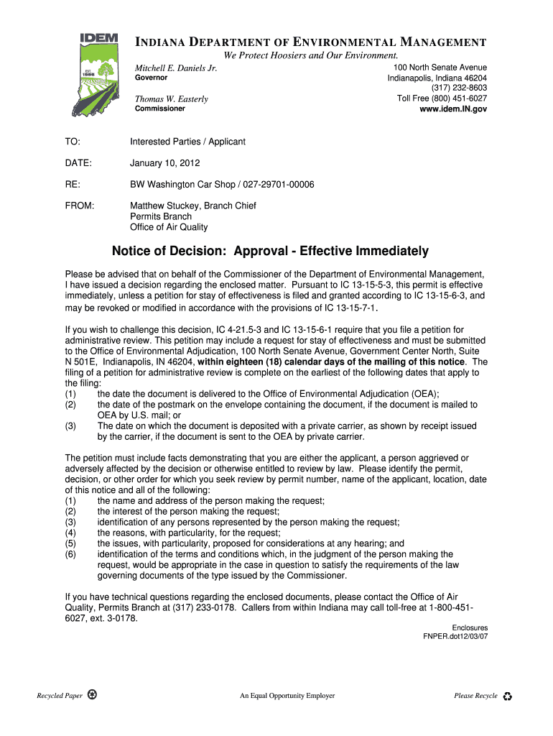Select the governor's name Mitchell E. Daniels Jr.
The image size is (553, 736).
coord(176,68)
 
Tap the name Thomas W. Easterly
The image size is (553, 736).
coord(172,98)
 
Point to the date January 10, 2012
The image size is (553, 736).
coord(164,163)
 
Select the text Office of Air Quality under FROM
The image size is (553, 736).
coord(169,227)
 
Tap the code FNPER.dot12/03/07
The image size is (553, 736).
coord(455,637)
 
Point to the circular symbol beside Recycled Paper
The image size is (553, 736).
coord(93,695)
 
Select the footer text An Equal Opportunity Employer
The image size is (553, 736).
coord(287,696)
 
